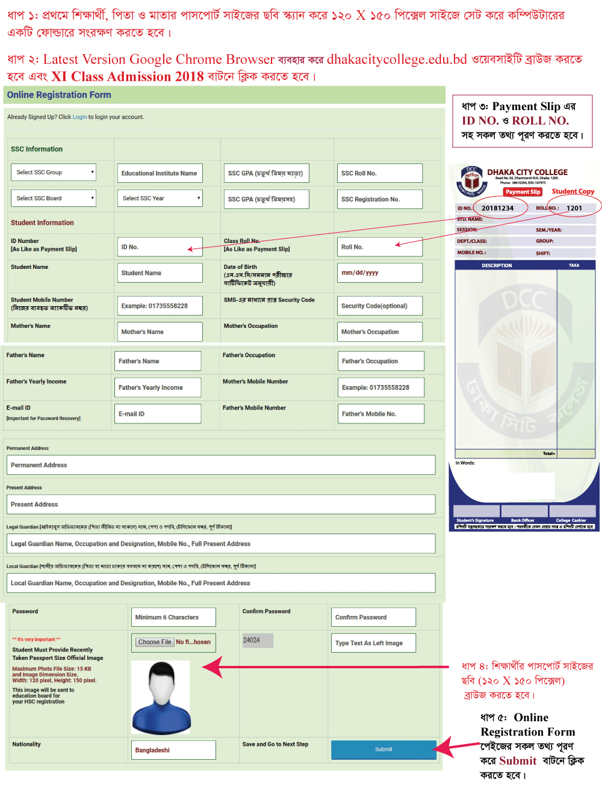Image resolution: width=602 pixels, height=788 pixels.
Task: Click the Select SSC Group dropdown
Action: [54, 173]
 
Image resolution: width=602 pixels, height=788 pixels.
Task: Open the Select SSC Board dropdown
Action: [54, 199]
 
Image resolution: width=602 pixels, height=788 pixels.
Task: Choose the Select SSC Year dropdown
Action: [160, 199]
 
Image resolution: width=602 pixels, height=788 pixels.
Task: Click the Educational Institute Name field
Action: [160, 173]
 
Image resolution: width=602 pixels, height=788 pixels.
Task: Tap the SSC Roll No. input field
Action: [380, 173]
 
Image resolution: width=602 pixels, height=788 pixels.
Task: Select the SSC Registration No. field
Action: [380, 199]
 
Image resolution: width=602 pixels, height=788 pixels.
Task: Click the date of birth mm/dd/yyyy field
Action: [380, 273]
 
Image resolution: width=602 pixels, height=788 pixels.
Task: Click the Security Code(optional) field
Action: [380, 306]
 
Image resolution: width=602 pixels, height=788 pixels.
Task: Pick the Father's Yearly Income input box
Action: [158, 388]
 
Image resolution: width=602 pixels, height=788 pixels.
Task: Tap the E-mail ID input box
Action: [158, 414]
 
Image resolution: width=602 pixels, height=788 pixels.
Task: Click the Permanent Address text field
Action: [220, 465]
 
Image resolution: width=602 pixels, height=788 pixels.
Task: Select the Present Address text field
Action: [220, 505]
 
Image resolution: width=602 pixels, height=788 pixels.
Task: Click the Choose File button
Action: [155, 642]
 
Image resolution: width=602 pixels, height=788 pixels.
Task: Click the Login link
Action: [80, 117]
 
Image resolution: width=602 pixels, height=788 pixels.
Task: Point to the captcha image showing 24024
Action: [258, 641]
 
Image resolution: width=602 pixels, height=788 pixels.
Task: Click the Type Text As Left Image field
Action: [373, 643]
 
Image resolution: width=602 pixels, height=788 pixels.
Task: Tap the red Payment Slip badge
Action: [523, 192]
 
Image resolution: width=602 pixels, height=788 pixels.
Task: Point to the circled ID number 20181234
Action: [497, 208]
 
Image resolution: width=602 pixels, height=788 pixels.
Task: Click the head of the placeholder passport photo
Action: [161, 682]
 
